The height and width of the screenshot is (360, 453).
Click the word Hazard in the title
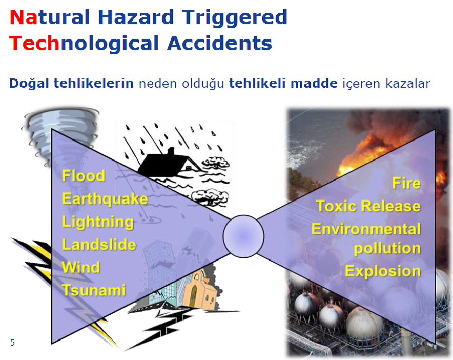[136, 17]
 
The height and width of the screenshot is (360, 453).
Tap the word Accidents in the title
[219, 44]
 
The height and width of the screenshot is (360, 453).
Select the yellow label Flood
[84, 176]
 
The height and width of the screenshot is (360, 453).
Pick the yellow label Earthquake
[105, 199]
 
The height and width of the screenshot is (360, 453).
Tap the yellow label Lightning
[98, 223]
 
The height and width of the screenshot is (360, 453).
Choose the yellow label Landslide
[99, 245]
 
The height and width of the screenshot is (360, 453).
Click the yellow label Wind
[81, 267]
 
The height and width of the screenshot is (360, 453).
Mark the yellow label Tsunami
[94, 290]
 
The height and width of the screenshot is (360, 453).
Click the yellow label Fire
[406, 183]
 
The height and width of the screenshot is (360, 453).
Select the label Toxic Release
[368, 206]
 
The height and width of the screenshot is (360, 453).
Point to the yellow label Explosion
[383, 271]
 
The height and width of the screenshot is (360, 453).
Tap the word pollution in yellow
[387, 249]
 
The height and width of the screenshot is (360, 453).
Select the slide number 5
[12, 343]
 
